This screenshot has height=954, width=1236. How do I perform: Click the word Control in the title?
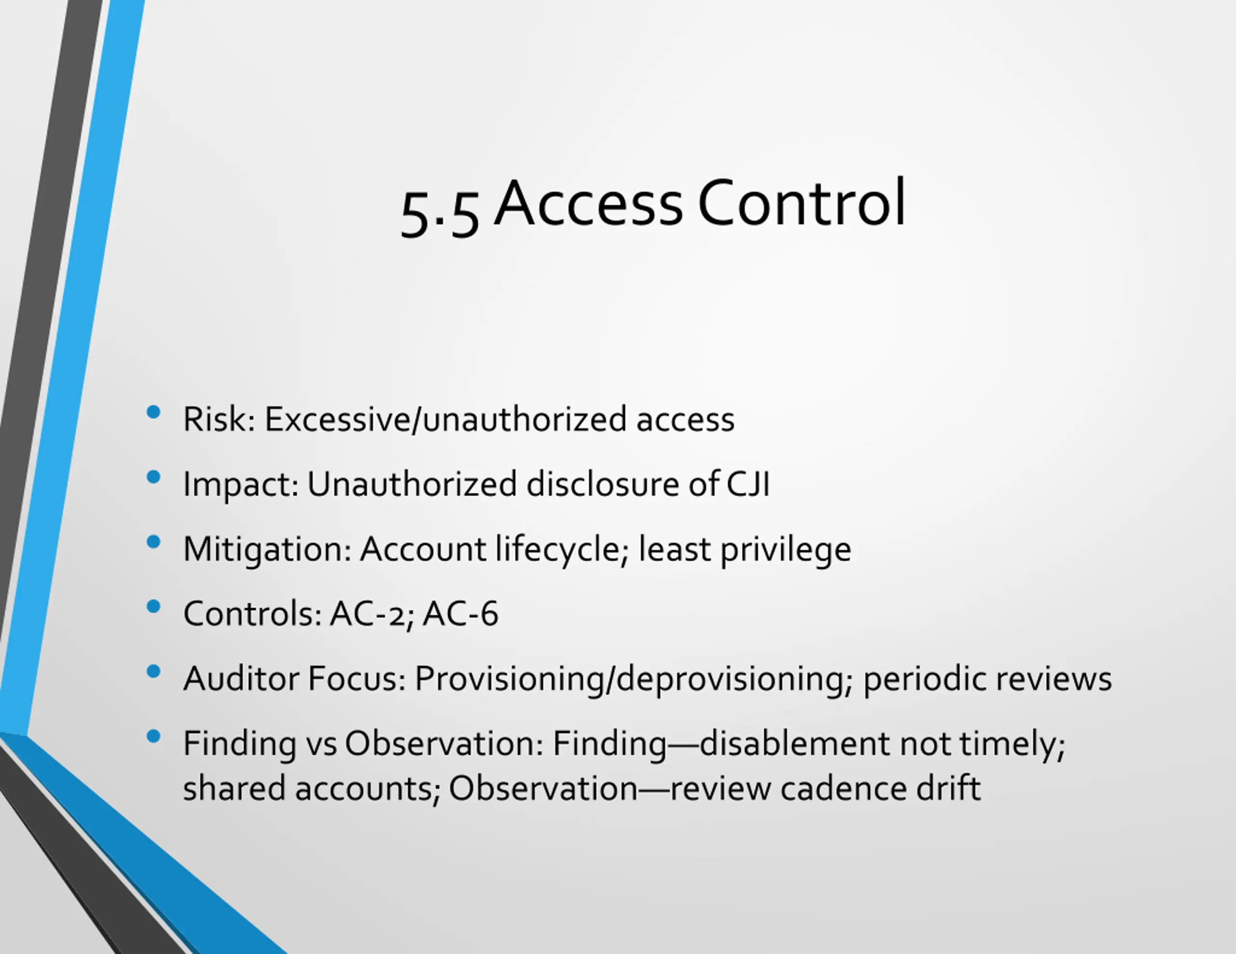801,203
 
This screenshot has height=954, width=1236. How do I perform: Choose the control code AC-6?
460,613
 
